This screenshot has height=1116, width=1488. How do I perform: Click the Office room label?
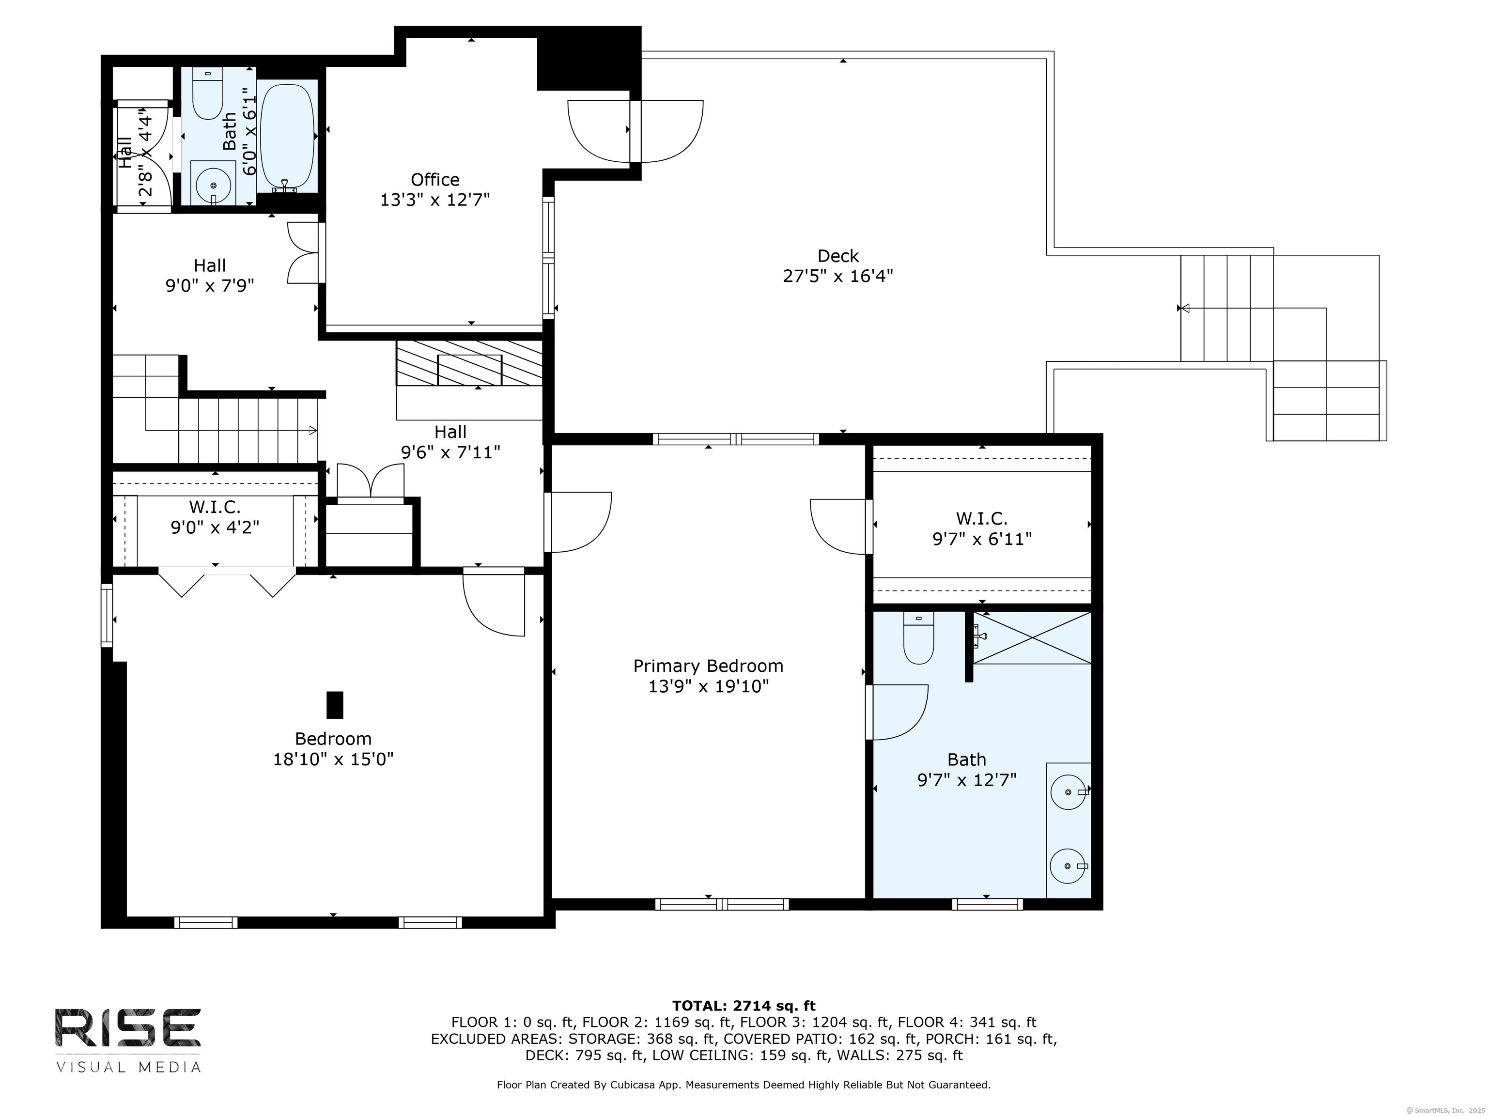tap(435, 180)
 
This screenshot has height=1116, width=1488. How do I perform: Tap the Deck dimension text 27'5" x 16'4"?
tap(837, 276)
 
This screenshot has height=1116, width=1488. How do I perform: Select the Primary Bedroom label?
tap(708, 666)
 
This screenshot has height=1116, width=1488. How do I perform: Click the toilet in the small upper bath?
tap(207, 93)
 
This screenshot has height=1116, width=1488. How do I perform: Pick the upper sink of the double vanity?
tap(1069, 792)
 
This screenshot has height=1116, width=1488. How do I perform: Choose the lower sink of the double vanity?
tap(1069, 867)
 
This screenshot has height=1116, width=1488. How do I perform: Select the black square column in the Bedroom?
tap(334, 705)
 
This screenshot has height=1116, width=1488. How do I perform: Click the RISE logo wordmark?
tap(128, 1029)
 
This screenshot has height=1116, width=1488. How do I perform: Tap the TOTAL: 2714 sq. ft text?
tap(744, 1006)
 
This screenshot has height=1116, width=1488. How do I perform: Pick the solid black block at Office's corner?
tap(589, 59)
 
